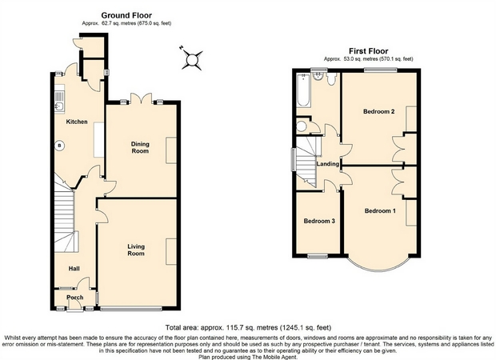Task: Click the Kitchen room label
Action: [77, 122]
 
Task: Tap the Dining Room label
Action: [140, 147]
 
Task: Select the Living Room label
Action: [136, 250]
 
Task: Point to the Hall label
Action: [74, 269]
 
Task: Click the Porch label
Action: [75, 298]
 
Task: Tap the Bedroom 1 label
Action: [380, 210]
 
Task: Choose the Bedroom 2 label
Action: [379, 111]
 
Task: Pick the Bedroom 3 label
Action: [319, 221]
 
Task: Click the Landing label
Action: [328, 164]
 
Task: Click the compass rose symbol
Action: [192, 59]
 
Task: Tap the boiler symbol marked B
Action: [59, 146]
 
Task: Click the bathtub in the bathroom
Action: [303, 90]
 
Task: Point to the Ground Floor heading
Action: [126, 15]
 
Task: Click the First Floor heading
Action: [369, 51]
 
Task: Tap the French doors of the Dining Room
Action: [141, 98]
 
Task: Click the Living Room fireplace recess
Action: [171, 251]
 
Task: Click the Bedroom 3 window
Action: [318, 256]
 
